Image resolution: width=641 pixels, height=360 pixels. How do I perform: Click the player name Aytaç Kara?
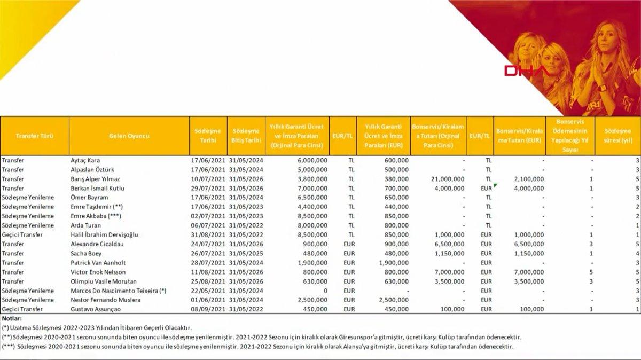(x=85, y=160)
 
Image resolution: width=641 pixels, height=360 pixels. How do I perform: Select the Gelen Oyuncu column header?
(x=129, y=136)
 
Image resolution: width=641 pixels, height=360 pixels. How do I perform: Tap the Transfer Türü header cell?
(x=35, y=136)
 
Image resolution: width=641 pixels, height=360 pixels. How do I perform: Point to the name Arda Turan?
(x=87, y=225)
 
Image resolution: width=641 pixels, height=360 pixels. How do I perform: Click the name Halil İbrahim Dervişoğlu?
(x=105, y=234)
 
